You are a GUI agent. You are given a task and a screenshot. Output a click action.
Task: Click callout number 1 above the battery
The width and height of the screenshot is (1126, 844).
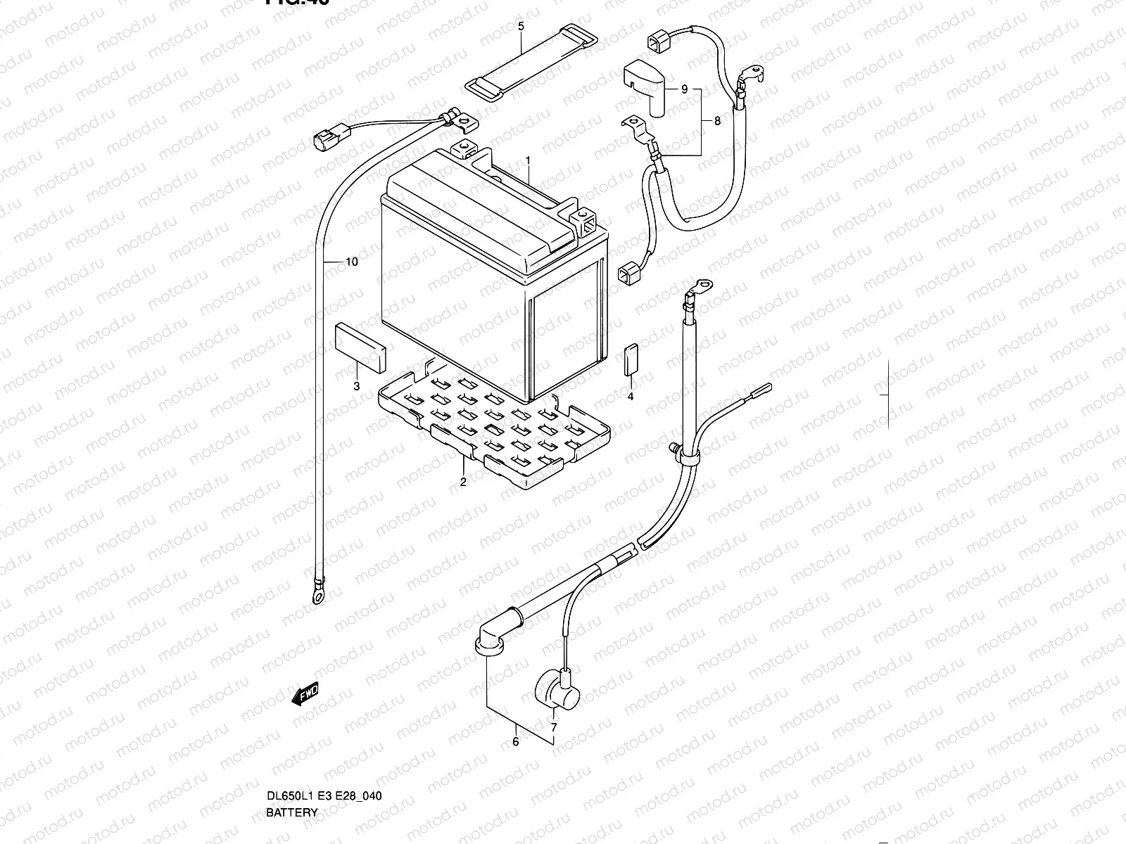click(x=527, y=161)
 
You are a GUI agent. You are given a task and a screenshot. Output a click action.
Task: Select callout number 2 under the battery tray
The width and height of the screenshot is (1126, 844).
click(x=463, y=482)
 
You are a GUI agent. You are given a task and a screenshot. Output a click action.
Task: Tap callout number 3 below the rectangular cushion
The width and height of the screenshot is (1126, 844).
click(x=357, y=386)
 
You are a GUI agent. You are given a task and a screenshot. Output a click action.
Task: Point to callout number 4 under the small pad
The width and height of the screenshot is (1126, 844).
click(x=631, y=397)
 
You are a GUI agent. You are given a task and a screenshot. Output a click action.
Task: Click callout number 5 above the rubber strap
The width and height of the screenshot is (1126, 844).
click(x=521, y=27)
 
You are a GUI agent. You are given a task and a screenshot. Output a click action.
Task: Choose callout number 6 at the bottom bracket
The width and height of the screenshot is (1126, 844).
click(x=515, y=741)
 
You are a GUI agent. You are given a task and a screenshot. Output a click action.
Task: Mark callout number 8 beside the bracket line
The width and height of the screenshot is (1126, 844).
click(x=717, y=121)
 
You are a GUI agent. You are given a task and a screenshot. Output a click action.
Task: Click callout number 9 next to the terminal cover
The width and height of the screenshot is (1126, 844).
click(x=684, y=90)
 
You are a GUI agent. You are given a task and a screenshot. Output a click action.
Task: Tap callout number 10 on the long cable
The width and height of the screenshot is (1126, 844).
click(x=352, y=262)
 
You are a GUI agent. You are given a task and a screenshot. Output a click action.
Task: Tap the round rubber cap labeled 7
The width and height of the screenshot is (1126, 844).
click(x=558, y=688)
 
